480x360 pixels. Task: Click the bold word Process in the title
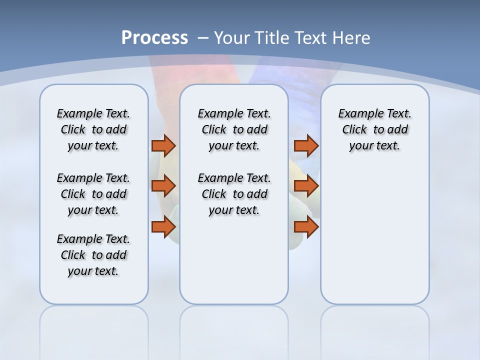(154, 37)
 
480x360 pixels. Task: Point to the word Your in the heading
(233, 37)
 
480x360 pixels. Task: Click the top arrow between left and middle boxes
(163, 145)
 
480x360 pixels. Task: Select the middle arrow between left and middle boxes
(163, 186)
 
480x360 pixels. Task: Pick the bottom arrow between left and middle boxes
(163, 227)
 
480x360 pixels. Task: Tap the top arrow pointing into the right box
(306, 145)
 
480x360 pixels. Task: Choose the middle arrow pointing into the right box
(306, 186)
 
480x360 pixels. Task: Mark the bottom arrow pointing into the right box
(306, 227)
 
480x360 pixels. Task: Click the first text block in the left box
(93, 129)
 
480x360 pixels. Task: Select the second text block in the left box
(93, 194)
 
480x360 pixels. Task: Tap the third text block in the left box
(93, 255)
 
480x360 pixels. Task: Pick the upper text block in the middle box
(234, 129)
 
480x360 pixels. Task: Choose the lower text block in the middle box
(234, 194)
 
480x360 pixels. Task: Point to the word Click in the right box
(354, 130)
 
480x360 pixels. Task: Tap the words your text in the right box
(374, 146)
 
